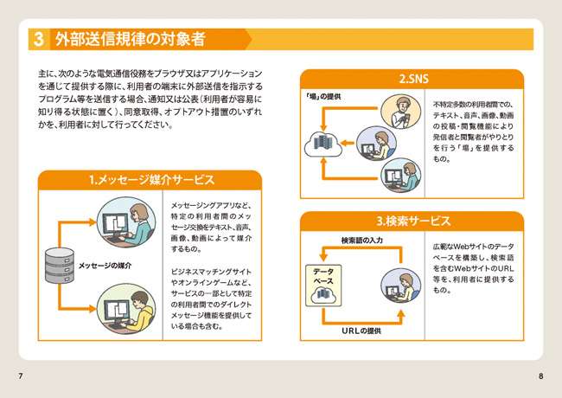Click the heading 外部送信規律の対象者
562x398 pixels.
(x=130, y=39)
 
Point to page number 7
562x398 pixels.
(x=20, y=377)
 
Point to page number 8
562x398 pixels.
(x=540, y=377)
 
